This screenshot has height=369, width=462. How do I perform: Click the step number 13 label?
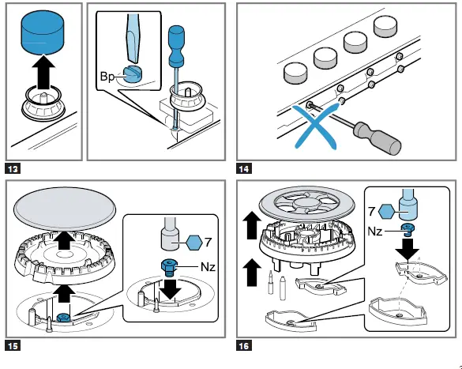(x=14, y=168)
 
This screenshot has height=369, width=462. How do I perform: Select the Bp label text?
(x=107, y=76)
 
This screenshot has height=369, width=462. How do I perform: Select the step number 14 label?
(x=245, y=168)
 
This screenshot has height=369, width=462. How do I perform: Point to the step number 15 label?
(x=14, y=345)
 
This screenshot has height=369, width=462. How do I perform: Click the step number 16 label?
(x=245, y=345)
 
